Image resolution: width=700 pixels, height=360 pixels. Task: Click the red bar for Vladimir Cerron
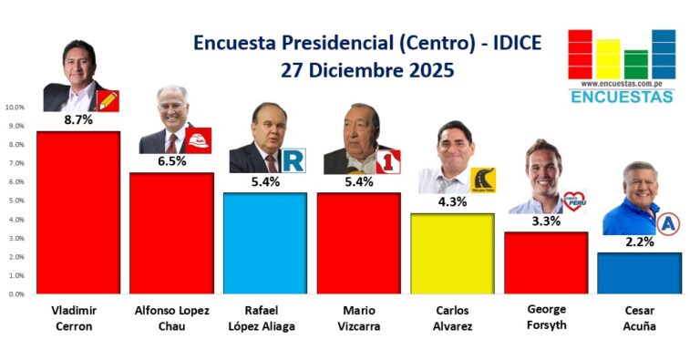(x=78, y=212)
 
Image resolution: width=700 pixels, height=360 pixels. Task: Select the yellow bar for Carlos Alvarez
(x=452, y=253)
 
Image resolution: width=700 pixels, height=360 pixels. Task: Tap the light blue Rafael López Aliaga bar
(x=265, y=243)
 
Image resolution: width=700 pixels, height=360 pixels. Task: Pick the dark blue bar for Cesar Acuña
(x=639, y=273)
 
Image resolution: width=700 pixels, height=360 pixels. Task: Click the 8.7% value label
(x=78, y=119)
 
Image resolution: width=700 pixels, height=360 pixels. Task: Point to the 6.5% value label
(x=172, y=161)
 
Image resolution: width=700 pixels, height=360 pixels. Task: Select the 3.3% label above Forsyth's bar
(x=546, y=221)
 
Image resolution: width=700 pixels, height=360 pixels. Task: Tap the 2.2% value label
(x=640, y=242)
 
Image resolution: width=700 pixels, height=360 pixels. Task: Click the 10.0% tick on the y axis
(x=15, y=108)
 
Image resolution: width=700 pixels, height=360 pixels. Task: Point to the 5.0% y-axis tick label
(x=16, y=201)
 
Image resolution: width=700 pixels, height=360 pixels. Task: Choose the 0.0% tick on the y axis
(x=16, y=294)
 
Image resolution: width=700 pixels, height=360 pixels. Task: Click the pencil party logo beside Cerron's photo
(x=108, y=101)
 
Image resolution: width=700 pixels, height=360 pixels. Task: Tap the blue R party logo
(x=293, y=160)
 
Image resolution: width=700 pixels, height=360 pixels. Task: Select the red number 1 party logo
(x=388, y=161)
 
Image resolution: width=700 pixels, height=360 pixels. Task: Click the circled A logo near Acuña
(x=668, y=224)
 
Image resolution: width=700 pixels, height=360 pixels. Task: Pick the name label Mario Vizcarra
(x=359, y=318)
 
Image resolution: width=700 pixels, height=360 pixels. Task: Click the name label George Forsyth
(x=547, y=317)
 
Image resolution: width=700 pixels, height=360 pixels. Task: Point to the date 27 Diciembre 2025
(x=367, y=70)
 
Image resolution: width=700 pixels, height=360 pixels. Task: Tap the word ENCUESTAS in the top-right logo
(x=622, y=97)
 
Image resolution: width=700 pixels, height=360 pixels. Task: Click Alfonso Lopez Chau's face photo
(x=172, y=108)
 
